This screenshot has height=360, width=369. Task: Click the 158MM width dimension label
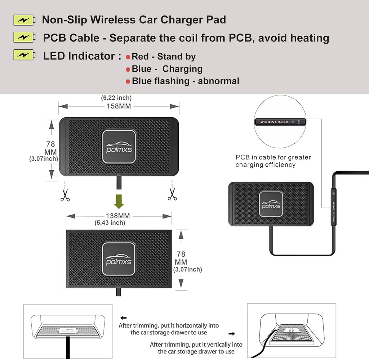[x=119, y=106]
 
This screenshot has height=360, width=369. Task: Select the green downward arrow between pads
[x=119, y=201]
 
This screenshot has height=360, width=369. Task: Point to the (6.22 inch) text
[x=116, y=98]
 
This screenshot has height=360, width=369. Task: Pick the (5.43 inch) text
[x=110, y=223]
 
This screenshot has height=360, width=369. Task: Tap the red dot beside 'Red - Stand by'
[x=128, y=57]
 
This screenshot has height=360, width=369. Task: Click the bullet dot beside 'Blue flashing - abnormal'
[x=128, y=82]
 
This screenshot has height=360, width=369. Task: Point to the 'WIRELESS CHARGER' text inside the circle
[x=274, y=122]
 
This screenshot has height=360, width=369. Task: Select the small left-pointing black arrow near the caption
[x=124, y=318]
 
